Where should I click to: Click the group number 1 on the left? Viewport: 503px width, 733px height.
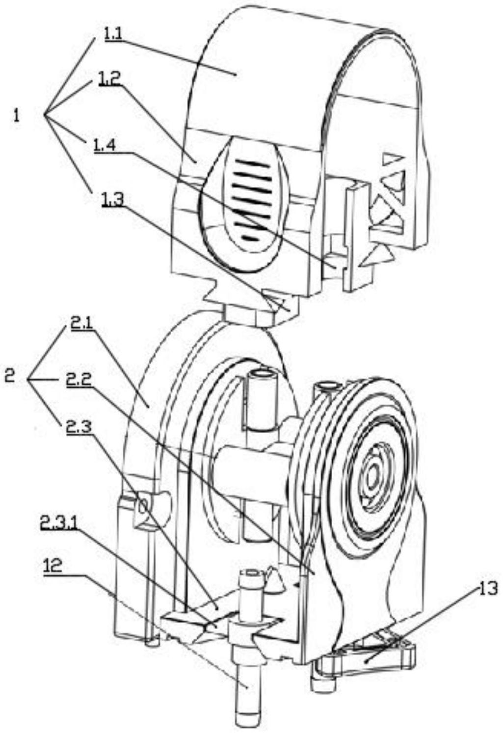pos(16,116)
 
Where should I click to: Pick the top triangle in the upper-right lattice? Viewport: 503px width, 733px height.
pos(393,161)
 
